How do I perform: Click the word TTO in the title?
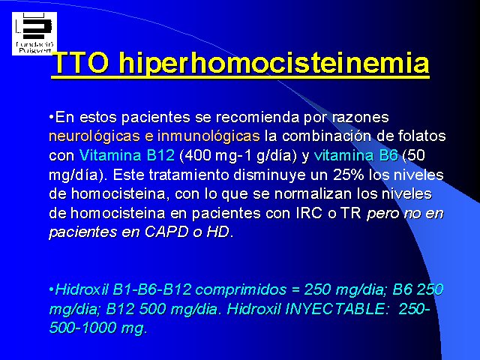[80, 63]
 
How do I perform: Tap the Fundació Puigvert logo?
[34, 34]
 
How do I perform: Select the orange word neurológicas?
[94, 136]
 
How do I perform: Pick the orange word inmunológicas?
[208, 136]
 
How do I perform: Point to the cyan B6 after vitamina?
[388, 155]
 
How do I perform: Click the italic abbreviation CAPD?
[166, 232]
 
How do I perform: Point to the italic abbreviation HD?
[217, 232]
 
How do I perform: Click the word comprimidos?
[241, 290]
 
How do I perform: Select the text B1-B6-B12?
[151, 289]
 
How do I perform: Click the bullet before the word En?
[52, 117]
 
